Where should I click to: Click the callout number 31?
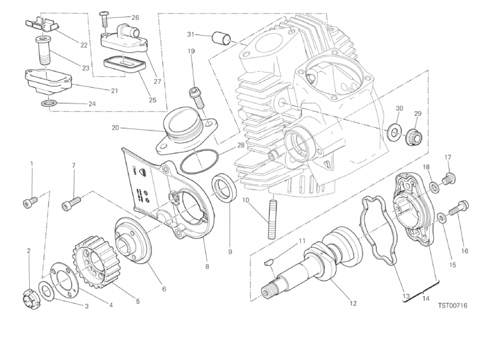pyautogui.click(x=190, y=34)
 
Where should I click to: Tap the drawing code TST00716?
pyautogui.click(x=453, y=306)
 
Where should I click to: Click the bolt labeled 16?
pyautogui.click(x=459, y=208)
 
